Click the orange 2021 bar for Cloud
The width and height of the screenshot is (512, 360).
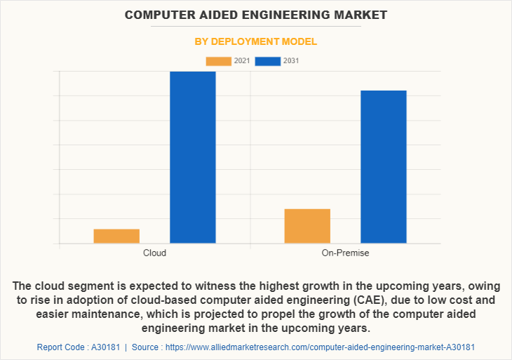[116, 236]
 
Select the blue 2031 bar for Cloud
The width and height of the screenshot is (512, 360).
[193, 157]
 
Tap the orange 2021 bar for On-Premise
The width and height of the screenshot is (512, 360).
[307, 226]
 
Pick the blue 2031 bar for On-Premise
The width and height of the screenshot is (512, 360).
[384, 167]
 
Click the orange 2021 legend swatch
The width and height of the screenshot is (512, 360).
[218, 61]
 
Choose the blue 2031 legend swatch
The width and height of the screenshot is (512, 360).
[268, 61]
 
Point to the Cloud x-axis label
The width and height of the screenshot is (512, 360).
[154, 253]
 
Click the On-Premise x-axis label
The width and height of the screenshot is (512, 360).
[345, 253]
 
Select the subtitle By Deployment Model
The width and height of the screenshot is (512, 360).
[255, 41]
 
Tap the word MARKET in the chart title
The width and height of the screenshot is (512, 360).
[358, 14]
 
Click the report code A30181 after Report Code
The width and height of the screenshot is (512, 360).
[102, 347]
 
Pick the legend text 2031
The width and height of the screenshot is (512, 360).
[291, 61]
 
